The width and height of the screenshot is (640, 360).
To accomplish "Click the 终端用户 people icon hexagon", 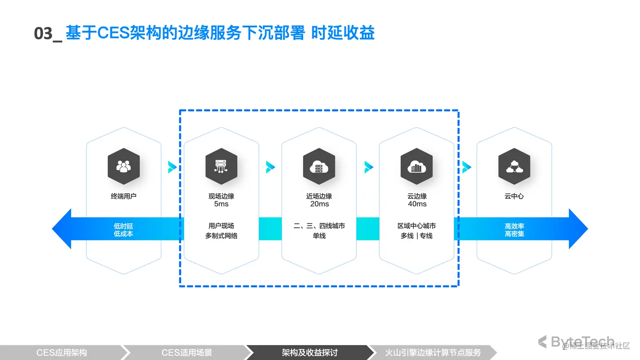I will click(x=124, y=166).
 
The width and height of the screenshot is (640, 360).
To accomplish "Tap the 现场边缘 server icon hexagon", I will click(x=221, y=166).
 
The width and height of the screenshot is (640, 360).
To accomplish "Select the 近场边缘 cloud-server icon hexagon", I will click(x=319, y=166).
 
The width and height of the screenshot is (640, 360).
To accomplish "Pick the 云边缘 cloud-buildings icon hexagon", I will click(x=417, y=166).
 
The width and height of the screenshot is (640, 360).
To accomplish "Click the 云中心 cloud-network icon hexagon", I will click(x=514, y=166).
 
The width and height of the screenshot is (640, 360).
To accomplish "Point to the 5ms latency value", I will click(x=221, y=204).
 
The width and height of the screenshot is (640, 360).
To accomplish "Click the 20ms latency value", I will click(x=320, y=204).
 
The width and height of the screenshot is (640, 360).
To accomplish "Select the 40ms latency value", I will click(x=417, y=204).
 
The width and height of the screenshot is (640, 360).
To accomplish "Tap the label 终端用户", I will click(x=124, y=196).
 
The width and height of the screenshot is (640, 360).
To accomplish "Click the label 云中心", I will click(x=514, y=196).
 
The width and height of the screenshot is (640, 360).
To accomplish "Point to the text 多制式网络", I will click(x=221, y=236).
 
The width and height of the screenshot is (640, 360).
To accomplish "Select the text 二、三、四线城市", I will click(x=319, y=226).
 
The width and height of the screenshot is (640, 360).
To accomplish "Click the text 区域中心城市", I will click(x=417, y=226).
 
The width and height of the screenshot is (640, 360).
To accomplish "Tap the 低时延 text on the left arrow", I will click(x=123, y=226).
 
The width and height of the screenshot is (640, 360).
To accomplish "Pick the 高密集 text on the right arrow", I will click(x=514, y=234).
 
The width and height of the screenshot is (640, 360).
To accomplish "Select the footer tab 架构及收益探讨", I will click(x=310, y=353).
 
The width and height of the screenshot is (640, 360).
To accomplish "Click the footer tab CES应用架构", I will click(x=62, y=353).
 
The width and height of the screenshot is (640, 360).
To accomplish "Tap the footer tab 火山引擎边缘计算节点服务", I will click(x=433, y=353).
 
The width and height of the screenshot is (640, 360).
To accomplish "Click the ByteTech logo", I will click(x=577, y=342).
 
